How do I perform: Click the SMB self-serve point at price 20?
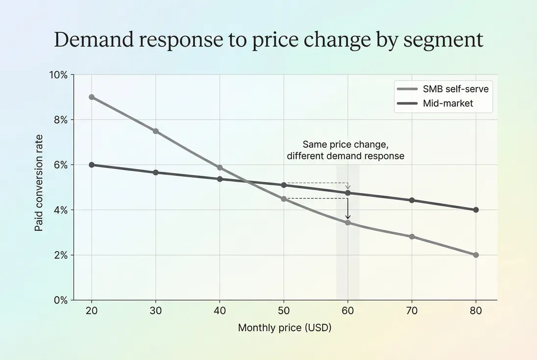92,97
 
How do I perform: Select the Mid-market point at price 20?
92,165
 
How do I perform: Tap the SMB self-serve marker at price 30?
156,131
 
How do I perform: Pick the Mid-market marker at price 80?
476,210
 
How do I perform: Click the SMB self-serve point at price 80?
476,255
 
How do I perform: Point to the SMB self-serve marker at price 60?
348,223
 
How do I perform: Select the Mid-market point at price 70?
412,200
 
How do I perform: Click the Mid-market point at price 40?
220,179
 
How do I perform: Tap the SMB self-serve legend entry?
443,89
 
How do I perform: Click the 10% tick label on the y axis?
58,75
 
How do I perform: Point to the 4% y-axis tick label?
60,210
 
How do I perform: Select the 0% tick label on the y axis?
60,300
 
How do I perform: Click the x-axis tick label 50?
284,311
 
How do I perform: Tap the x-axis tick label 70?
412,311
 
